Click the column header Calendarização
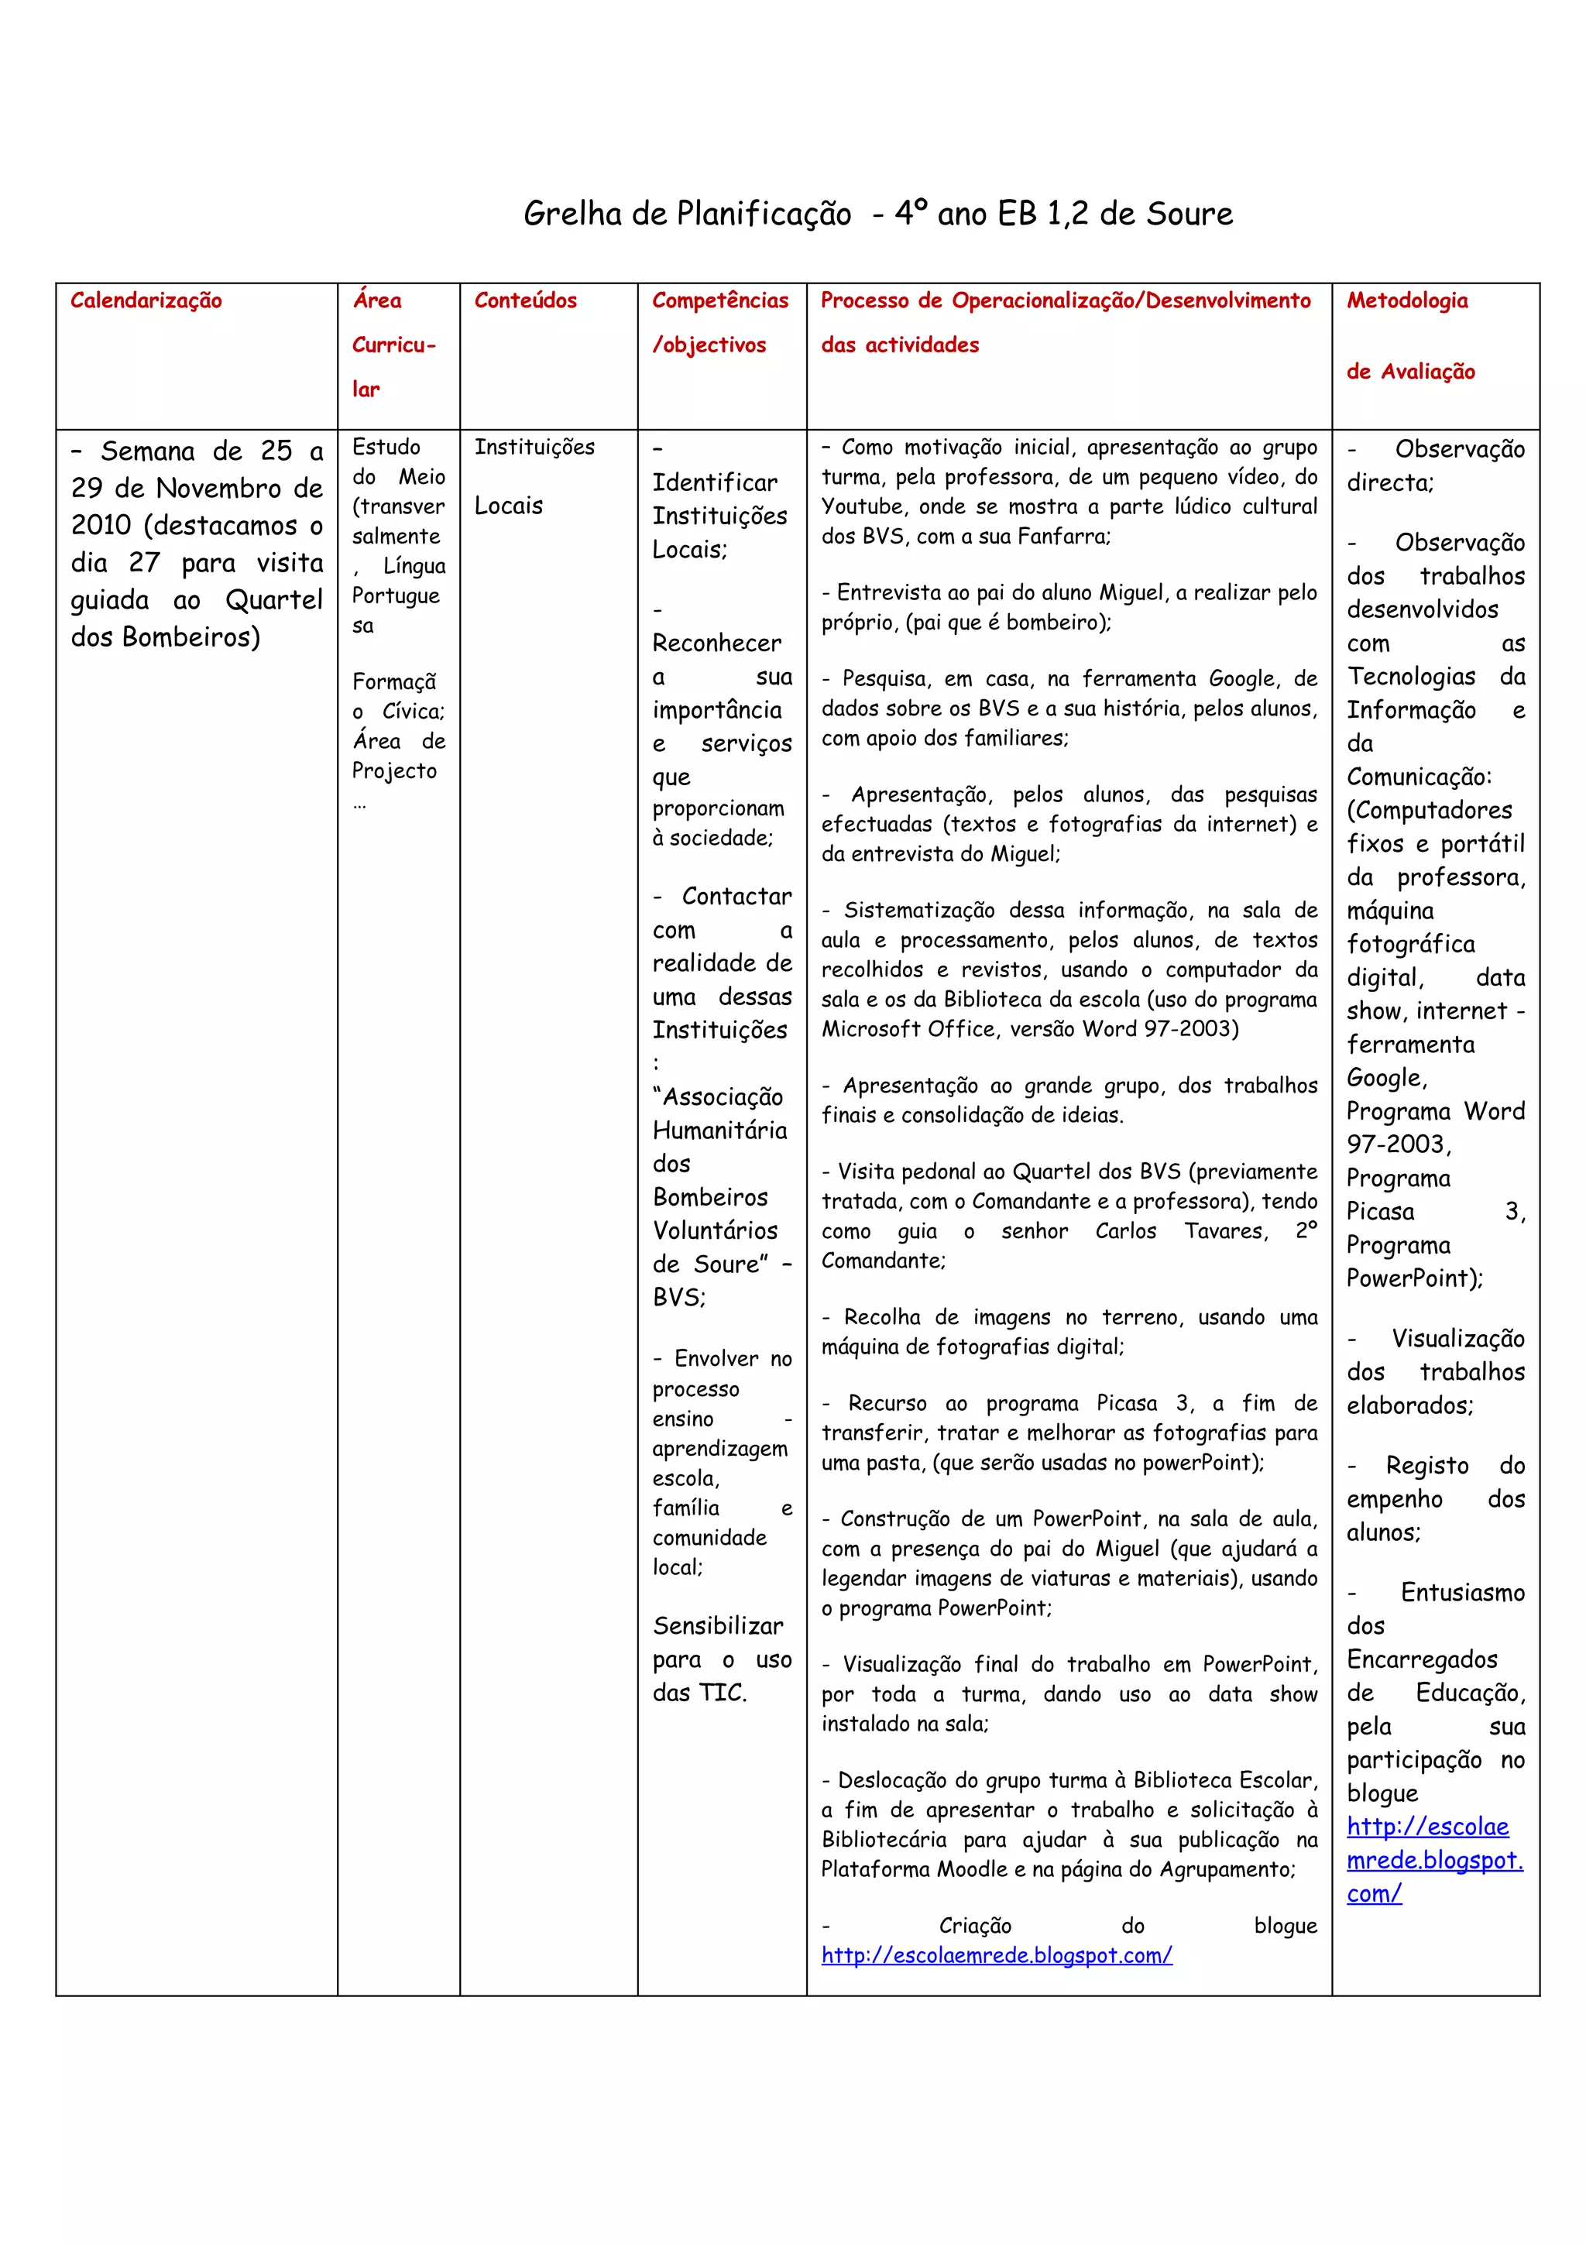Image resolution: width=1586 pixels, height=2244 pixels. click(146, 300)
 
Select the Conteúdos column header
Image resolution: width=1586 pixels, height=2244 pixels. click(525, 300)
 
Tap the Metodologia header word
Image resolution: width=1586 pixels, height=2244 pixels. click(1406, 300)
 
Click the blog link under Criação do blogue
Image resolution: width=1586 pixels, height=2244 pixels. click(996, 1954)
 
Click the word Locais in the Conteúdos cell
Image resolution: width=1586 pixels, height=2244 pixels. click(508, 506)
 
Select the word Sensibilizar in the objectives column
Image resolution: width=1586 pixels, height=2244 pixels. click(717, 1625)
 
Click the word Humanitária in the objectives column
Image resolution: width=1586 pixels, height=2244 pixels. click(719, 1130)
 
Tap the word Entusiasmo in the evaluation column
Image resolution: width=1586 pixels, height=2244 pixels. click(1462, 1592)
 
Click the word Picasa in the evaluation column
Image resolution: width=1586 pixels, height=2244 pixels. click(1380, 1211)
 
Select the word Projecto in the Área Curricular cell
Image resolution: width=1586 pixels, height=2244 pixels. click(394, 770)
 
